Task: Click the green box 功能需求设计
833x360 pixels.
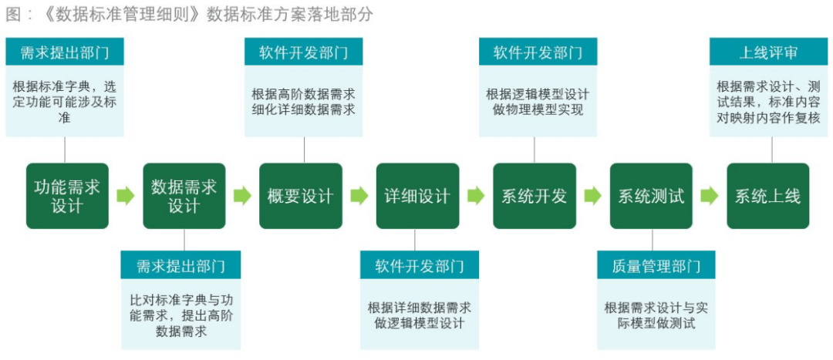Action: click(67, 196)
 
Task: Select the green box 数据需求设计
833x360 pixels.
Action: click(184, 196)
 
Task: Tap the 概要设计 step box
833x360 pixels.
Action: click(301, 196)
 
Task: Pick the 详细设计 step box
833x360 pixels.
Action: click(417, 196)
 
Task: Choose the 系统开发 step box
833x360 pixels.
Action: click(535, 196)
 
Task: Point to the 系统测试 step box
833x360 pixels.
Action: click(651, 196)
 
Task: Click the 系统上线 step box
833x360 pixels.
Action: click(768, 196)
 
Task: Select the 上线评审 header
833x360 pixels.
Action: click(768, 52)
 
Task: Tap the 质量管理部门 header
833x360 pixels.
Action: click(656, 265)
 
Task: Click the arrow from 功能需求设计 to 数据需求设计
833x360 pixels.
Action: click(126, 196)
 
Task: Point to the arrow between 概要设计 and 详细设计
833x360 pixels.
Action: click(359, 196)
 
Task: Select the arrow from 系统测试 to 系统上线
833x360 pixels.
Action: click(710, 196)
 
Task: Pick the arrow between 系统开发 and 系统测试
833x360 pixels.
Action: click(593, 196)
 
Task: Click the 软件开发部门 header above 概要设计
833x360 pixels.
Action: click(303, 52)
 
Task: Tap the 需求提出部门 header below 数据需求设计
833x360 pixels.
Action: click(180, 265)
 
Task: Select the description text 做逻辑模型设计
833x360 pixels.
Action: click(419, 323)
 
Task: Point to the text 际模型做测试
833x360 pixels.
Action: click(656, 323)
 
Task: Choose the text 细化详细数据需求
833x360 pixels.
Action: click(303, 110)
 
